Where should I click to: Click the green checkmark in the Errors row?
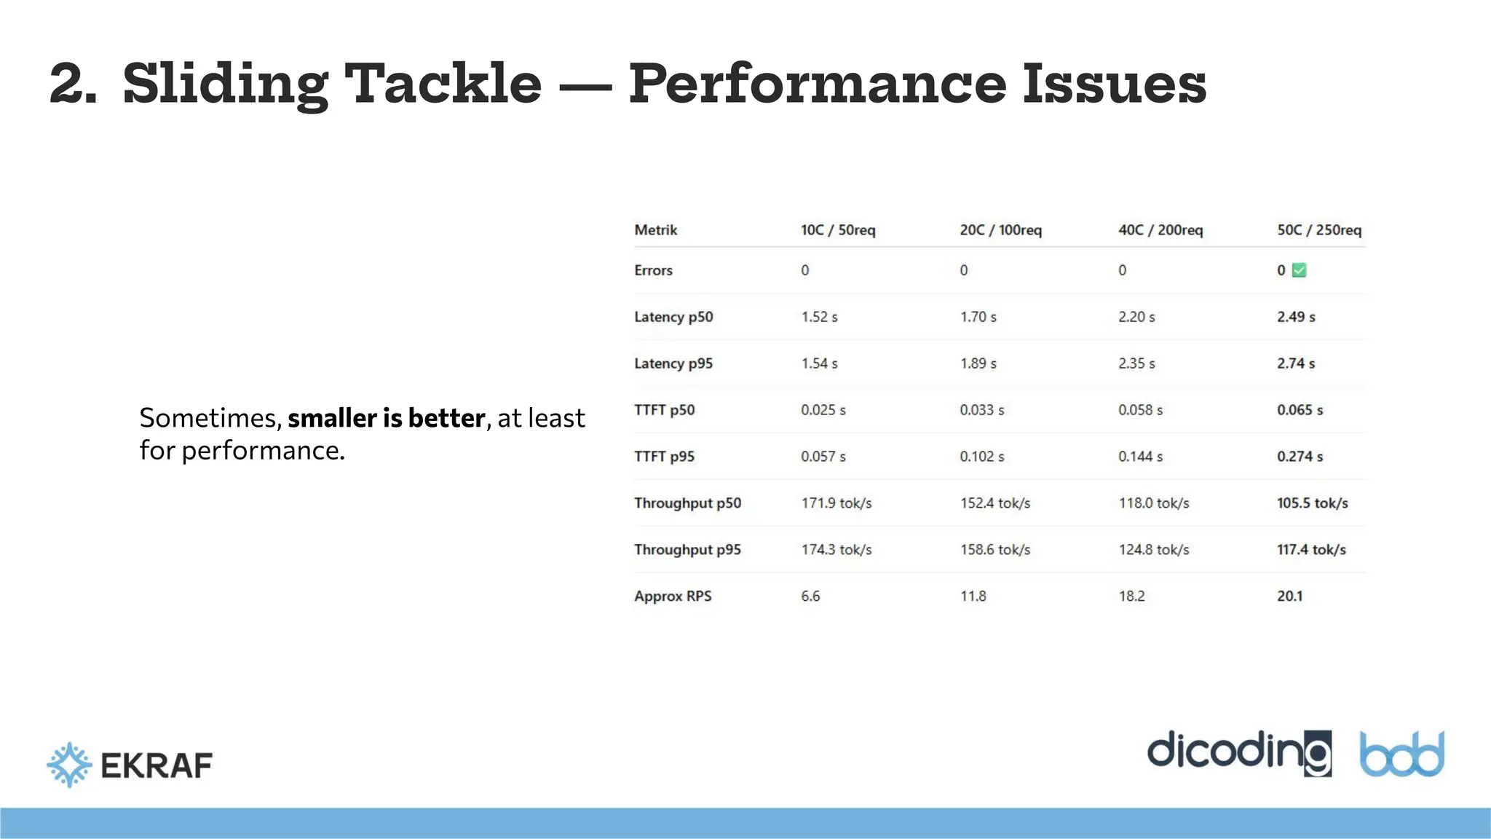(x=1299, y=270)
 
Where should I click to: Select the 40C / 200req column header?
(x=1160, y=230)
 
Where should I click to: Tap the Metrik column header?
(x=655, y=230)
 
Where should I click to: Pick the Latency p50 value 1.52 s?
(x=819, y=317)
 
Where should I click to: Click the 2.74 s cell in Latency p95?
(x=1295, y=363)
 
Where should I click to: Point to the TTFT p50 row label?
(x=664, y=410)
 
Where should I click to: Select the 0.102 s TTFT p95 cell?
(x=981, y=457)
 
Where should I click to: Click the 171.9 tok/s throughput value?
(x=836, y=503)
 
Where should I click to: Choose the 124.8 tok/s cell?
(x=1153, y=550)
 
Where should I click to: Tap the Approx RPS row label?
(x=672, y=596)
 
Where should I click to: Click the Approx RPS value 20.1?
(x=1289, y=596)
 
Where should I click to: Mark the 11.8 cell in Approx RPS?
(x=973, y=596)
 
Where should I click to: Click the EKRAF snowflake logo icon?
(x=69, y=765)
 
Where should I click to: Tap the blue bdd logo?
(x=1401, y=755)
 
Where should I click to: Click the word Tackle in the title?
(x=443, y=84)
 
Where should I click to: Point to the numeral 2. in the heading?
(x=73, y=84)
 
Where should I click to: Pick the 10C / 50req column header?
(x=837, y=230)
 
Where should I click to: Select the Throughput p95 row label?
(x=687, y=550)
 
